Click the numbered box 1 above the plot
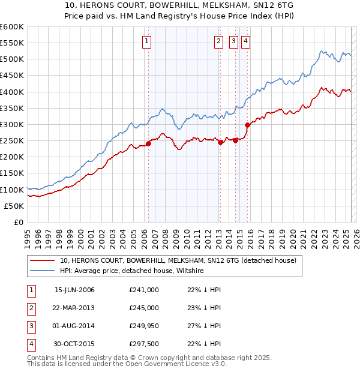tap(147, 41)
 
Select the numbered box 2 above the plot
tap(218, 41)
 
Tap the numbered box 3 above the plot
tap(233, 41)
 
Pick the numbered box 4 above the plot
tap(246, 41)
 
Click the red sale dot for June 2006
tap(148, 143)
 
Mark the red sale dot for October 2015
tap(247, 125)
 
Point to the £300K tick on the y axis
tap(12, 124)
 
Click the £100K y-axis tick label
tap(12, 190)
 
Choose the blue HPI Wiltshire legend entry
tap(132, 271)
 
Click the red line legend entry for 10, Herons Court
tap(178, 261)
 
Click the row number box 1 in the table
tap(31, 290)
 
